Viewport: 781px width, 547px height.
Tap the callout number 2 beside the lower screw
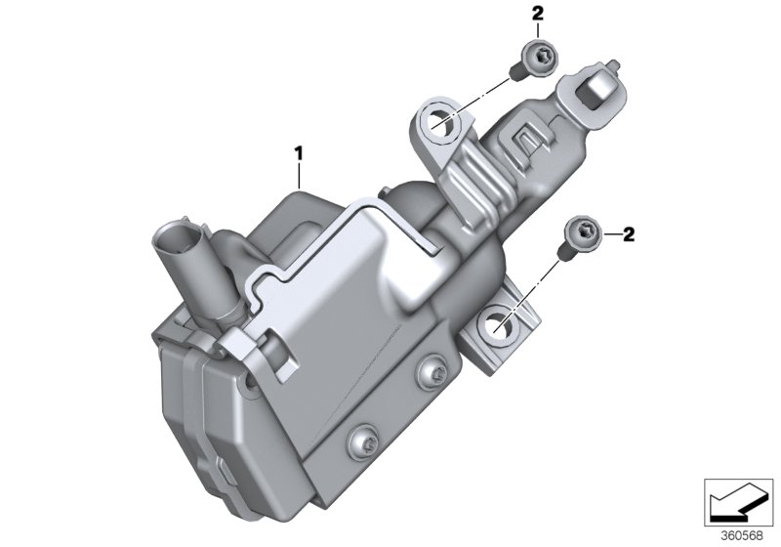(x=683, y=233)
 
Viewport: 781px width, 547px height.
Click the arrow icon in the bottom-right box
(x=739, y=500)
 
